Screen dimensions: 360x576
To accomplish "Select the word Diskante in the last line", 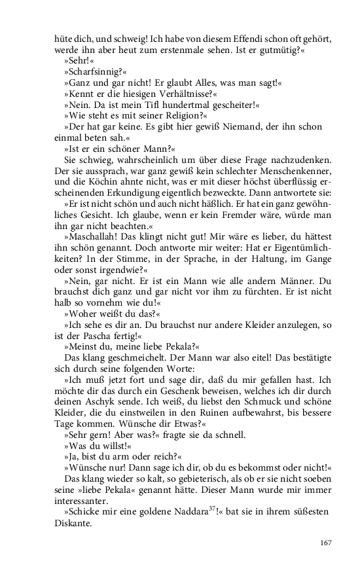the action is tap(73, 522).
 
